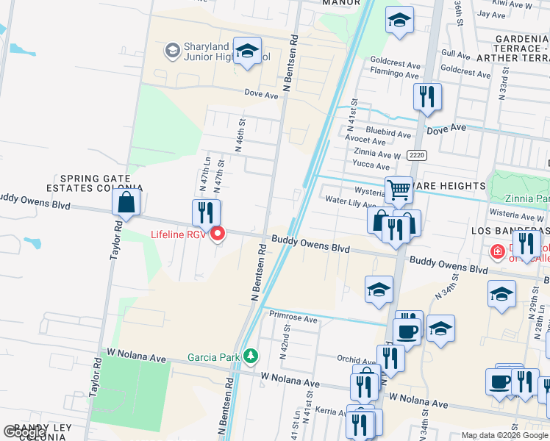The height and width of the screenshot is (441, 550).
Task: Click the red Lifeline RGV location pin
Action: [x=218, y=234]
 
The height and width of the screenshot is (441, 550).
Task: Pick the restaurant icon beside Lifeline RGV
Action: [x=206, y=213]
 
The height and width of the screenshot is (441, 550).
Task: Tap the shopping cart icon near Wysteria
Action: [x=399, y=190]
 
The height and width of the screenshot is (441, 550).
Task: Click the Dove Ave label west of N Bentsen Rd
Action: [x=261, y=95]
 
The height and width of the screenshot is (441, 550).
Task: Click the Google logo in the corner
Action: [x=24, y=432]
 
